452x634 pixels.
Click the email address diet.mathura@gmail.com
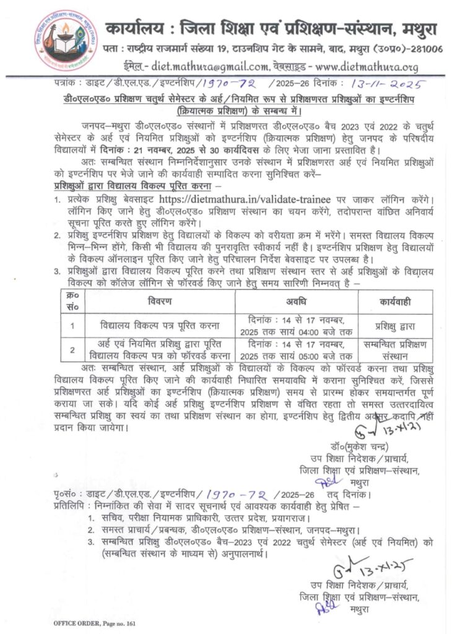(202, 67)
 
